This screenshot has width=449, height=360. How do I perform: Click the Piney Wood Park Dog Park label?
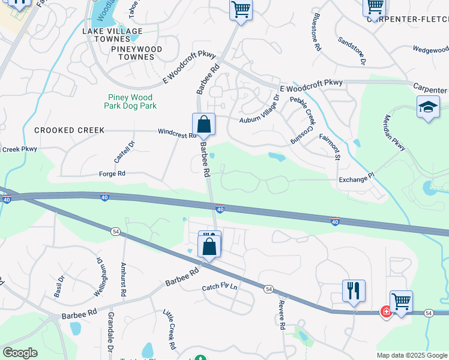click(130, 101)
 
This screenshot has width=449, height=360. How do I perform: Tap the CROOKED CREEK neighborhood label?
click(70, 130)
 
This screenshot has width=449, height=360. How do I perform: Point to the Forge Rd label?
click(112, 174)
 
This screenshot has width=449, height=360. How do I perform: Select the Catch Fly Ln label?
click(220, 287)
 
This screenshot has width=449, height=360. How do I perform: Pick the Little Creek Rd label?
click(170, 329)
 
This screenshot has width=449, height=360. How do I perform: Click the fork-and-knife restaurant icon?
click(354, 290)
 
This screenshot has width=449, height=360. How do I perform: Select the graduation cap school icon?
click(428, 108)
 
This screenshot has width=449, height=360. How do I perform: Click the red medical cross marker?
click(386, 312)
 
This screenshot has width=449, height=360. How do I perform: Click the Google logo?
click(20, 353)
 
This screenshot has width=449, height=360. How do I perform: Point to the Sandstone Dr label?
click(352, 51)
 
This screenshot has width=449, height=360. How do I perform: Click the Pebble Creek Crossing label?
click(303, 120)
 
